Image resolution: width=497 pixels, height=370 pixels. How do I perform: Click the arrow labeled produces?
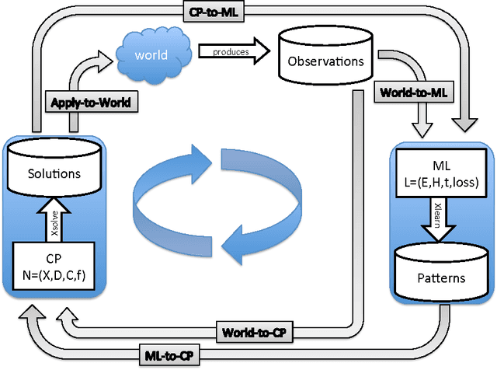(x=232, y=51)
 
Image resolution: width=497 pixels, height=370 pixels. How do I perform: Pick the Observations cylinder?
(x=320, y=58)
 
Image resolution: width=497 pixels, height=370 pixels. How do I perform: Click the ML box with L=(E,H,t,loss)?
(x=441, y=176)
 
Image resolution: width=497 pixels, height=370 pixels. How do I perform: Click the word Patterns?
(x=440, y=277)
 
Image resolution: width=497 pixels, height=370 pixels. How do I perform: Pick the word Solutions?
(x=54, y=173)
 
